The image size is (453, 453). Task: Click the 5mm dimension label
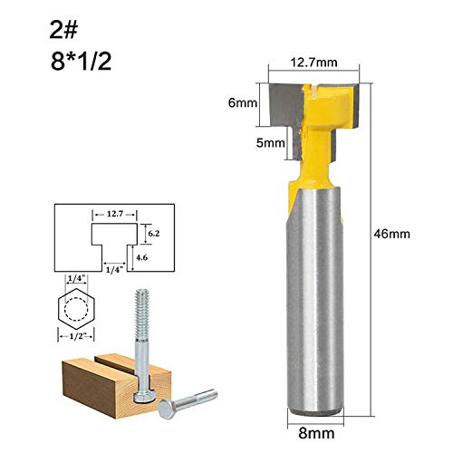pyautogui.click(x=269, y=142)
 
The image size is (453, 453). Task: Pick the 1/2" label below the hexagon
pyautogui.click(x=78, y=338)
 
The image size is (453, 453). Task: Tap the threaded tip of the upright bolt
pyautogui.click(x=142, y=303)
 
